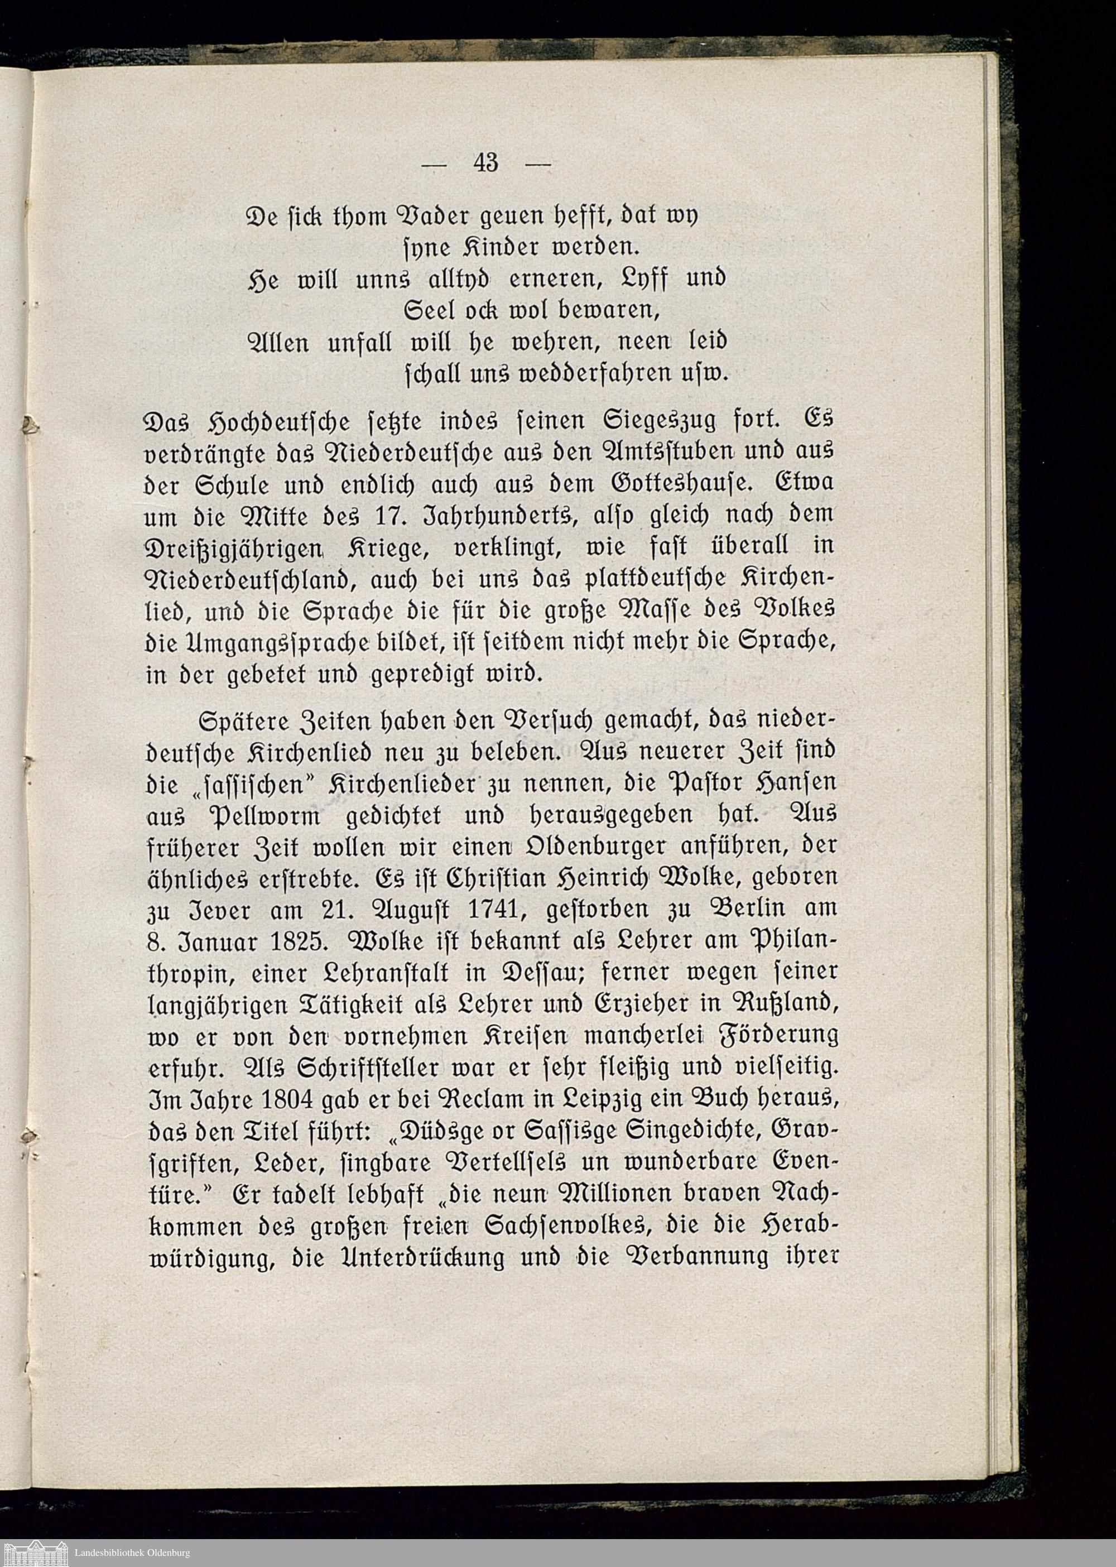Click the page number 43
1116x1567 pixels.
tap(485, 163)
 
